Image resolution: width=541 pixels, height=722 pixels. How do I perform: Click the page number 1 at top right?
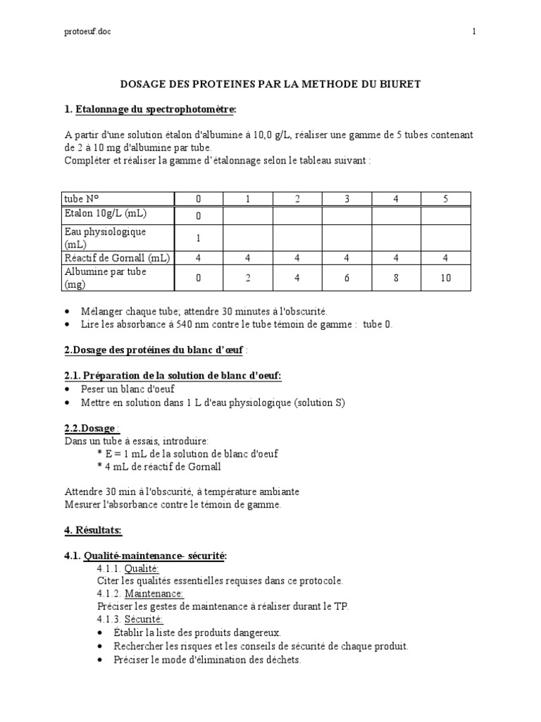click(475, 32)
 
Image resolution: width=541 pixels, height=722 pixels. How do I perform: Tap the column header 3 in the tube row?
click(347, 199)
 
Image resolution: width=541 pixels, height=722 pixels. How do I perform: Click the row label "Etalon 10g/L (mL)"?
click(106, 214)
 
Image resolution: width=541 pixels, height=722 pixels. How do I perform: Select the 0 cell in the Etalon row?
click(199, 215)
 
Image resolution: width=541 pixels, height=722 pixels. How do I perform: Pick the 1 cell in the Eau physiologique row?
click(199, 238)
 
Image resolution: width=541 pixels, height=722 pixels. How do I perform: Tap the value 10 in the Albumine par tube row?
click(446, 278)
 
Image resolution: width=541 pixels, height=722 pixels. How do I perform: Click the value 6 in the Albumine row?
click(347, 278)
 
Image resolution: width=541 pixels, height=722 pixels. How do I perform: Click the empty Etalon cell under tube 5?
click(446, 215)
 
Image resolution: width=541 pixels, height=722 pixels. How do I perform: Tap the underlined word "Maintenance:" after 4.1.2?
click(154, 594)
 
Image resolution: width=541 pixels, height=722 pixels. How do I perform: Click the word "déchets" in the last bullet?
click(280, 660)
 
